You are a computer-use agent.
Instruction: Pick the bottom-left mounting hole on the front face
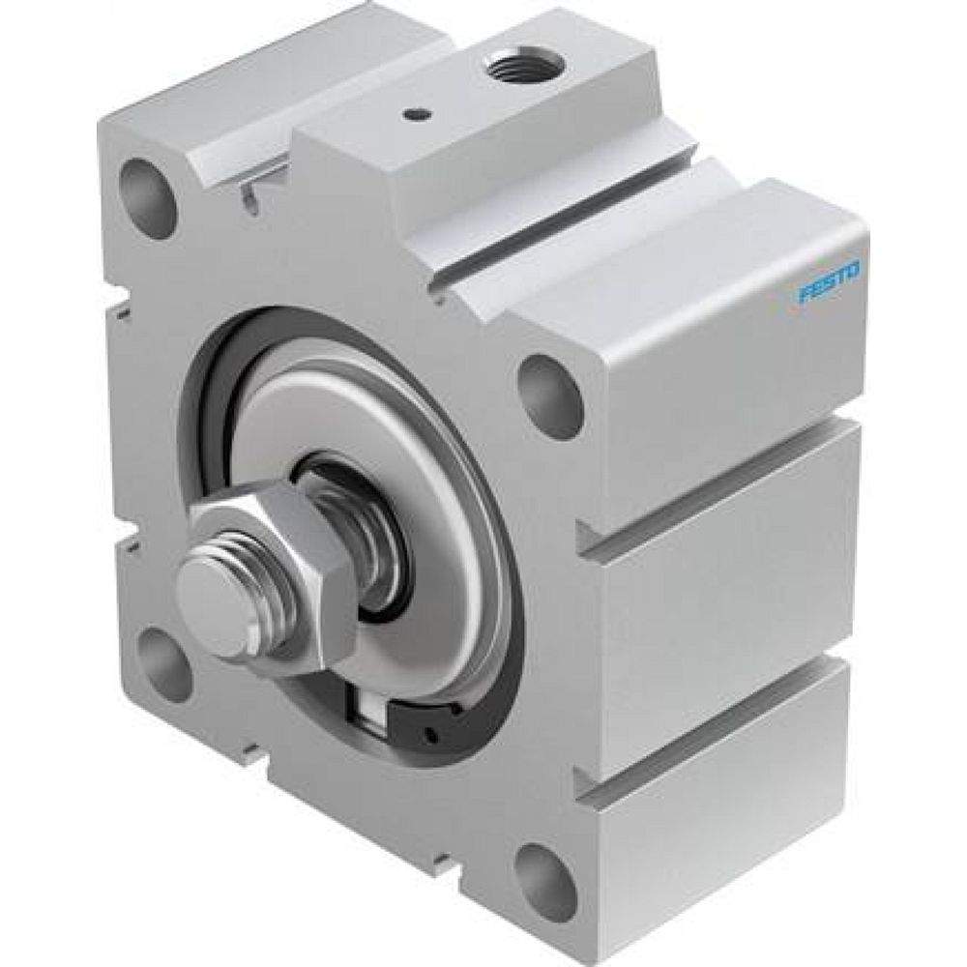click(x=164, y=659)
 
